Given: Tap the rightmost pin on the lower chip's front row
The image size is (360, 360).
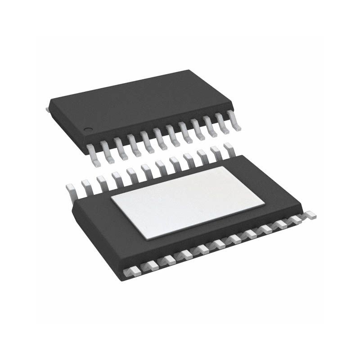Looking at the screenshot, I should click(x=309, y=216).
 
